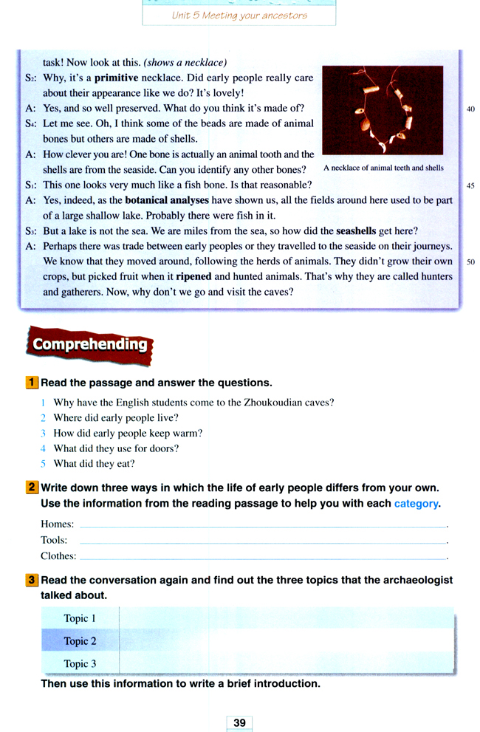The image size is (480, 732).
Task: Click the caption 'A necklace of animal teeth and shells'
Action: click(x=384, y=168)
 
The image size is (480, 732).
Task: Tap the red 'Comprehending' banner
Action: click(x=89, y=344)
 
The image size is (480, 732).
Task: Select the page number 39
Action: click(x=239, y=722)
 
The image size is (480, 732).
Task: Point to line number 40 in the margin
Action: click(x=471, y=109)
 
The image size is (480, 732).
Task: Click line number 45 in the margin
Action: click(x=471, y=185)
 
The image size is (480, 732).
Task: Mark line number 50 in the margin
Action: click(x=471, y=261)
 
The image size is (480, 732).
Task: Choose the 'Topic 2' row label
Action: click(x=80, y=640)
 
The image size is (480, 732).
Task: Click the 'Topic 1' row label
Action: click(x=80, y=618)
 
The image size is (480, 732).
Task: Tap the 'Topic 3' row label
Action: click(x=80, y=663)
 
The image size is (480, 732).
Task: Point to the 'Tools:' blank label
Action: click(x=54, y=540)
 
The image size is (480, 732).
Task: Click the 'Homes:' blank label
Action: click(x=57, y=524)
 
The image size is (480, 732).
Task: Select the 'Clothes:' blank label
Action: click(x=58, y=555)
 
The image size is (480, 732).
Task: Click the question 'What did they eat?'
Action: click(x=94, y=464)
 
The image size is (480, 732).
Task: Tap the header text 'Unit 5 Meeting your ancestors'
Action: click(x=239, y=15)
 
